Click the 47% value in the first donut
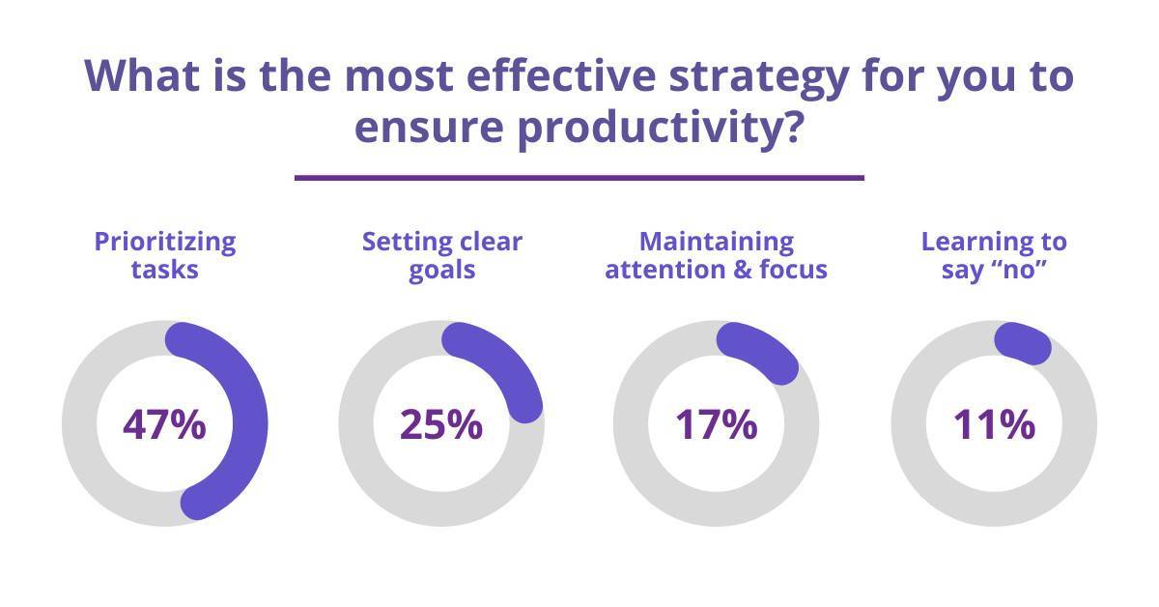coord(164,424)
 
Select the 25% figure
coord(441,424)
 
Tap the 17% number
coord(717,424)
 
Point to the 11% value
coord(995,424)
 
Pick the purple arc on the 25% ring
coord(506,359)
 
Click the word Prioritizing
coord(165,243)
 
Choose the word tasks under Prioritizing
coord(165,270)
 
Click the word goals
coord(442,271)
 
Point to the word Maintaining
coord(717,242)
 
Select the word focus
coord(793,270)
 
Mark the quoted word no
coord(1017,270)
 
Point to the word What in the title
coord(142,75)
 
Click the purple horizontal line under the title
coord(579,178)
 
